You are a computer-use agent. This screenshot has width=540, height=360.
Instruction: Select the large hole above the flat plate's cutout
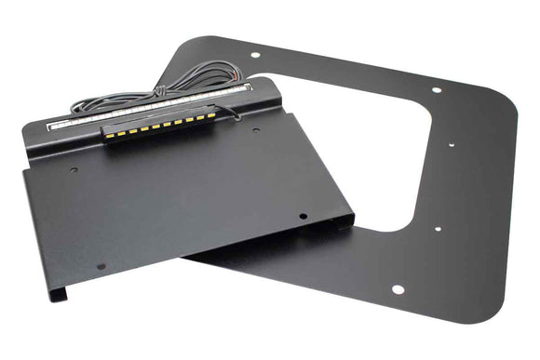tap(437, 90)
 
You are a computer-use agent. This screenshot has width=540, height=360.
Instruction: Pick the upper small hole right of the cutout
tap(451, 145)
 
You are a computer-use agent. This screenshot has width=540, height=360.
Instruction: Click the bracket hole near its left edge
tap(73, 170)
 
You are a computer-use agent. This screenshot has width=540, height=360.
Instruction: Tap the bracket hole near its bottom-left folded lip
tap(101, 266)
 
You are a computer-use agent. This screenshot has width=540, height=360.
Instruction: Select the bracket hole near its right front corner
tap(304, 217)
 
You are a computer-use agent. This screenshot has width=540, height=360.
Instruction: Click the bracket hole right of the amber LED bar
tap(256, 130)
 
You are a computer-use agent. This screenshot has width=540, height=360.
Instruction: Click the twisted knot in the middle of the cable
tap(158, 90)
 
